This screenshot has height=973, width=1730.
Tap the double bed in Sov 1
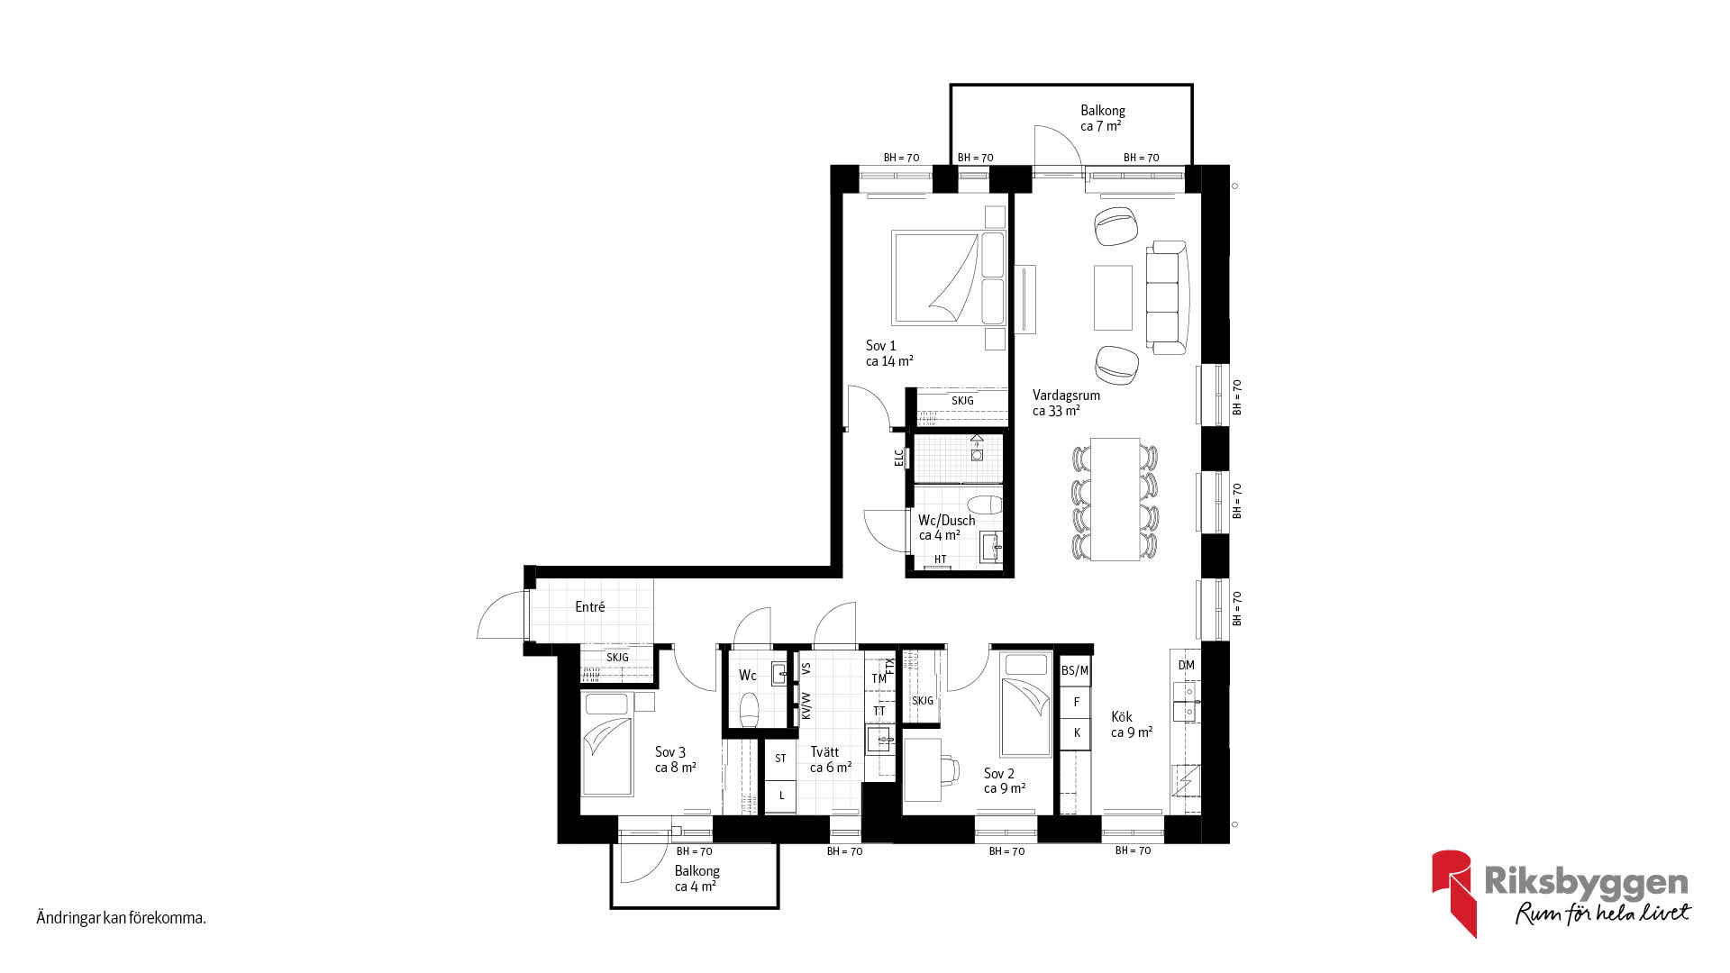pyautogui.click(x=947, y=278)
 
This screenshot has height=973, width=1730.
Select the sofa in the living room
pyautogui.click(x=1168, y=297)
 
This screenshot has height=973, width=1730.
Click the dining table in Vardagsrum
pyautogui.click(x=1115, y=498)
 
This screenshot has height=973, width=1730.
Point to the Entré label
pyautogui.click(x=590, y=607)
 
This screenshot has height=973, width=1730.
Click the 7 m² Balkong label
pyautogui.click(x=1103, y=118)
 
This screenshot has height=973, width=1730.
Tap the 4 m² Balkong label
pyautogui.click(x=697, y=878)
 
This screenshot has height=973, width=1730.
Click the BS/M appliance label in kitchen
pyautogui.click(x=1075, y=670)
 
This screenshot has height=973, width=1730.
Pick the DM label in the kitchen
pyautogui.click(x=1186, y=665)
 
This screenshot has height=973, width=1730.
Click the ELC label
pyautogui.click(x=898, y=458)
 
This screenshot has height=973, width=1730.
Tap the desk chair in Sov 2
pyautogui.click(x=949, y=768)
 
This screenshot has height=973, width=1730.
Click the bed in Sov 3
pyautogui.click(x=608, y=743)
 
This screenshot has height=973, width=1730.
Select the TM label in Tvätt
pyautogui.click(x=879, y=678)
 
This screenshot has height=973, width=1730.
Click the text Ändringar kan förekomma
pyautogui.click(x=122, y=918)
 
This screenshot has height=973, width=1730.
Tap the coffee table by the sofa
pyautogui.click(x=1114, y=297)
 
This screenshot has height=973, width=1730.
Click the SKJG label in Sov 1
pyautogui.click(x=962, y=401)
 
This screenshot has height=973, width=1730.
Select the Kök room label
pyautogui.click(x=1122, y=717)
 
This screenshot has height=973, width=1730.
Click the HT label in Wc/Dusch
pyautogui.click(x=941, y=559)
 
